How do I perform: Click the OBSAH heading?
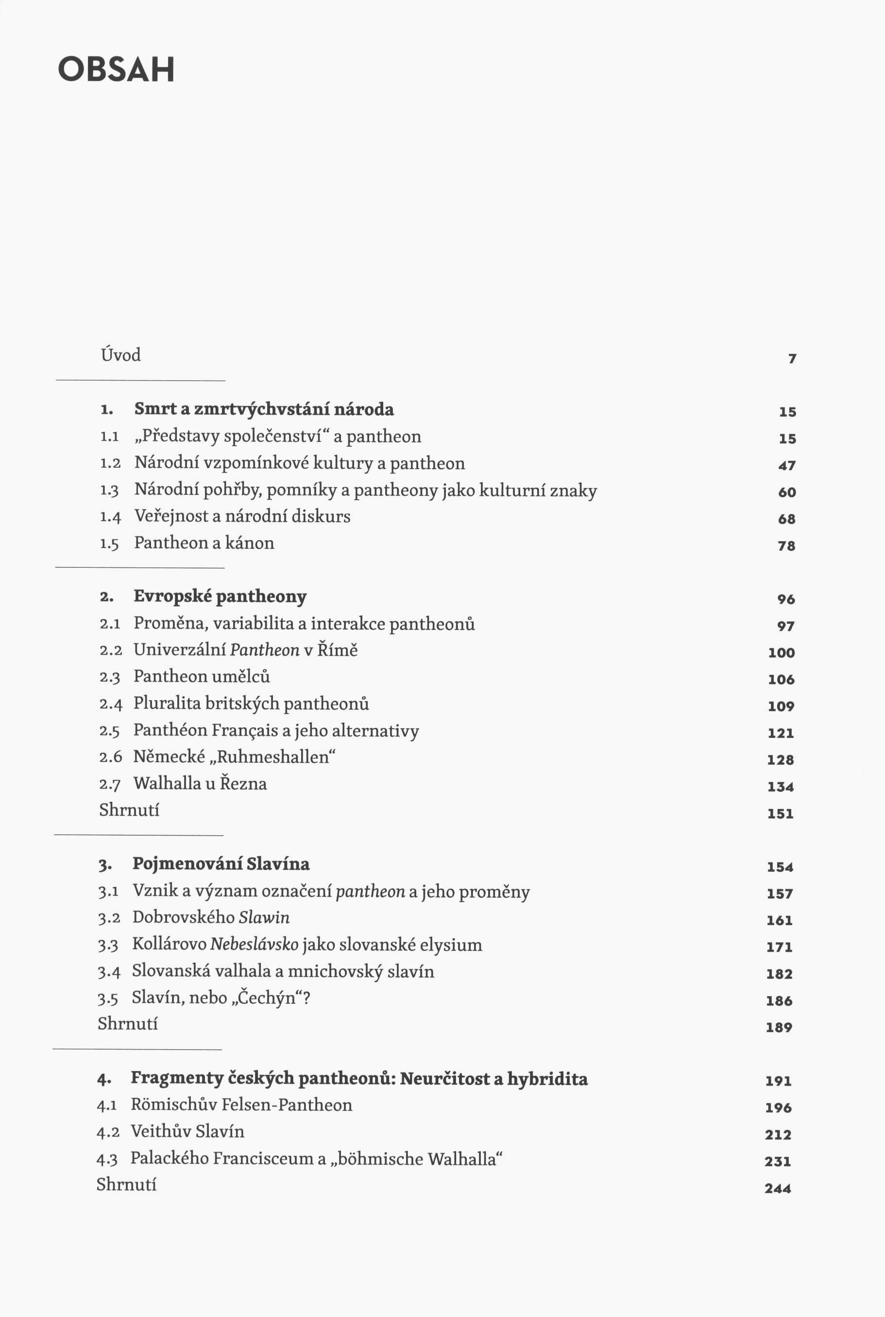coord(116,70)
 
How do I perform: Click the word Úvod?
coord(120,355)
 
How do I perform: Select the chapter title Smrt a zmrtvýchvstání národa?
coord(264,409)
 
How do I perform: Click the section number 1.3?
coord(109,490)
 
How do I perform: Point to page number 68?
coord(786,518)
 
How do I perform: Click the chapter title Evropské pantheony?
coord(220,597)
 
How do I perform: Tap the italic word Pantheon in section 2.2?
coord(264,650)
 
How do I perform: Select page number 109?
coord(781,706)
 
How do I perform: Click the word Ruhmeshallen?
coord(272,757)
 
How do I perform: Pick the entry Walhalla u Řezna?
coord(200,783)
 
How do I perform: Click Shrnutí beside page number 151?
coord(129,810)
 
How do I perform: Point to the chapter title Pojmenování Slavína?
coord(221,864)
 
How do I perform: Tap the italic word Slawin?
coord(264,917)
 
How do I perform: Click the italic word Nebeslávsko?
coord(254,944)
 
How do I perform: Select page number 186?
coord(779,1001)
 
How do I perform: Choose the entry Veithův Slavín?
coord(187,1132)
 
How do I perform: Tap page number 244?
coord(778,1188)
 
